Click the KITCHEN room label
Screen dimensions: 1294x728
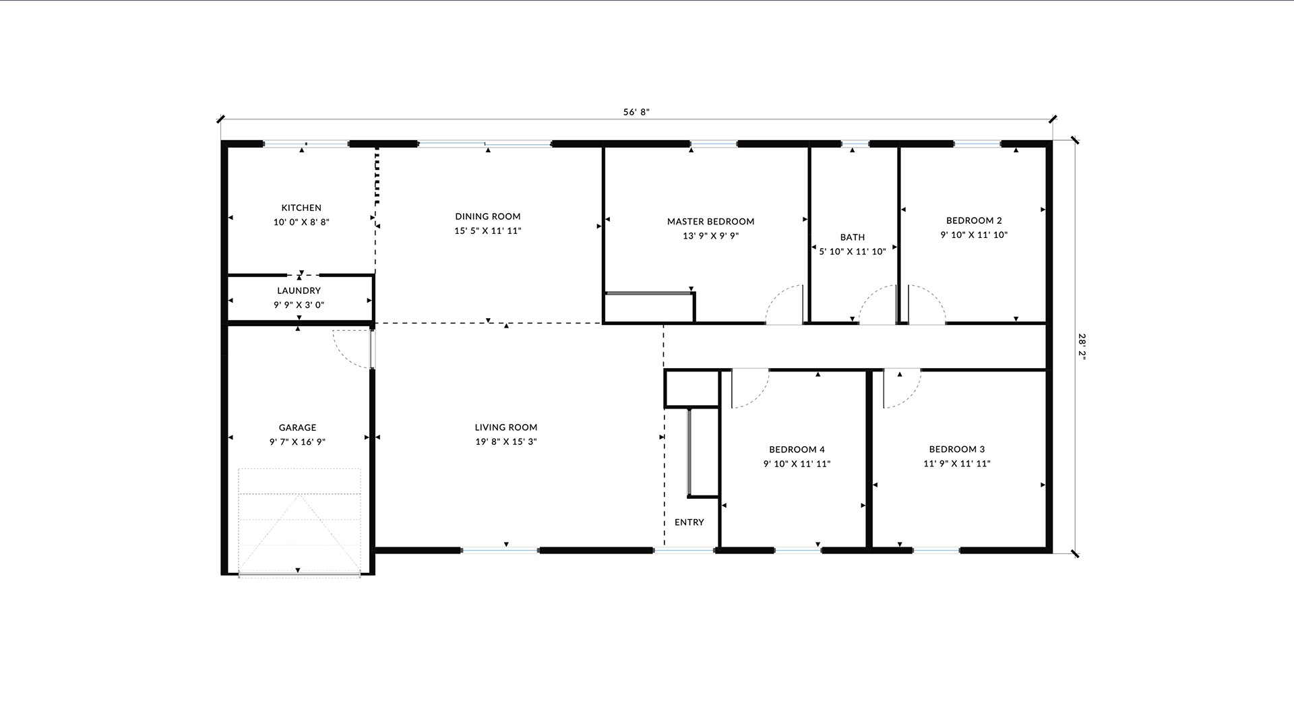point(301,208)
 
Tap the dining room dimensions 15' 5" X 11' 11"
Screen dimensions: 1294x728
point(488,231)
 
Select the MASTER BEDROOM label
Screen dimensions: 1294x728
point(710,221)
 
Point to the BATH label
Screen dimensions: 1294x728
point(853,237)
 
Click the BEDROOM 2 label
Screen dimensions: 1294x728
point(974,220)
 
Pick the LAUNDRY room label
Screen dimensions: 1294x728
point(299,291)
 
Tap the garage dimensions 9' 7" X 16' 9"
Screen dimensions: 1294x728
point(297,442)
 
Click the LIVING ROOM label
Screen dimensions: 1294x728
point(506,427)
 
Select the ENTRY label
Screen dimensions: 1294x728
point(689,522)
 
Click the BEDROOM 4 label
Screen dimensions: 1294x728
point(797,450)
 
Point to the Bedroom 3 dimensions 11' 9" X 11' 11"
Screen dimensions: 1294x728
point(957,464)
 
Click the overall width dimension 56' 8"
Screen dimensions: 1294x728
point(636,113)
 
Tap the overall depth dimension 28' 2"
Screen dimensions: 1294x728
point(1082,348)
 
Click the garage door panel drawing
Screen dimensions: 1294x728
point(299,522)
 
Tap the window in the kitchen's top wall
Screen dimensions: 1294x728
point(306,144)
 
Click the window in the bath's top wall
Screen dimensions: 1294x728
point(855,144)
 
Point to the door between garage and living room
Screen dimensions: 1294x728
point(372,348)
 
